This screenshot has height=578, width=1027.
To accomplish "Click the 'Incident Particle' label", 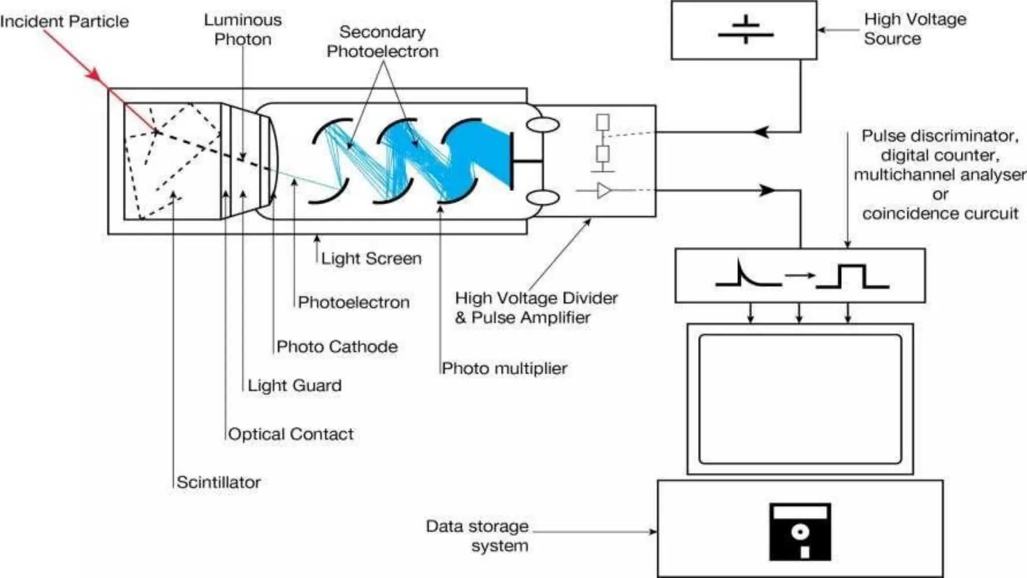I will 64,22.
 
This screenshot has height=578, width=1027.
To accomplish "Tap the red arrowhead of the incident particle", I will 94,76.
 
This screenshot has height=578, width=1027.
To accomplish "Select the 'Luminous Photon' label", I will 243,30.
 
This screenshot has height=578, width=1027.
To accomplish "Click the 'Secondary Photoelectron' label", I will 383,42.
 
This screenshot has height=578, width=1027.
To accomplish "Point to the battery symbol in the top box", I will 746,30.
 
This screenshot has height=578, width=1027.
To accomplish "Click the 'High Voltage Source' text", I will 915,29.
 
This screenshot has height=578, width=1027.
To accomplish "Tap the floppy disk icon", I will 800,532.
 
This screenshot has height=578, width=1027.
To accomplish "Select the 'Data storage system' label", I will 477,535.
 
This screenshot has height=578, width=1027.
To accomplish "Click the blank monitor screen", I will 800,399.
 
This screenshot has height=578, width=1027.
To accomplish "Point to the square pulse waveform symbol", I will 852,276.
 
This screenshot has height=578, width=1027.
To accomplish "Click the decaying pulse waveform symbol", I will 747,275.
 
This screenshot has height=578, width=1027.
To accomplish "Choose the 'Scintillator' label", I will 219,482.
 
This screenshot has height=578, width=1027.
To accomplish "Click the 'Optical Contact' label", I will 290,434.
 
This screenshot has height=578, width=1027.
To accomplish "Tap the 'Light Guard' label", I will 294,385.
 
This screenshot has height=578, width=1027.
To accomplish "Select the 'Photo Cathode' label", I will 337,347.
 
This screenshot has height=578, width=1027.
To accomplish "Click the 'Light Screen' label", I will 371,258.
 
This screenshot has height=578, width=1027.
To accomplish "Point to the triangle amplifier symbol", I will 604,191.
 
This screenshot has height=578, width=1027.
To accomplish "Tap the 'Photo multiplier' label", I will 504,369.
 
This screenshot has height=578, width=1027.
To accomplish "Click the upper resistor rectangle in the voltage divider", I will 603,122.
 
